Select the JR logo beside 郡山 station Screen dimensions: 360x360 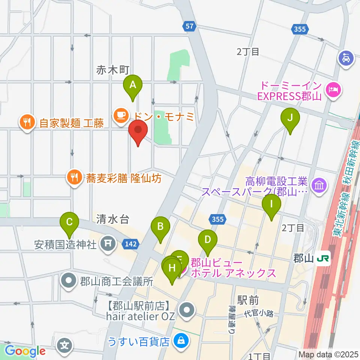point(322,259)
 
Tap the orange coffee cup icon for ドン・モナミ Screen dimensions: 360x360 point(120,114)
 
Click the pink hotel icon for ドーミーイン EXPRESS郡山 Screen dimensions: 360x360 point(333,89)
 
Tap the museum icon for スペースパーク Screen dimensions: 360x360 point(319,186)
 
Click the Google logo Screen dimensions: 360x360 point(25,351)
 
